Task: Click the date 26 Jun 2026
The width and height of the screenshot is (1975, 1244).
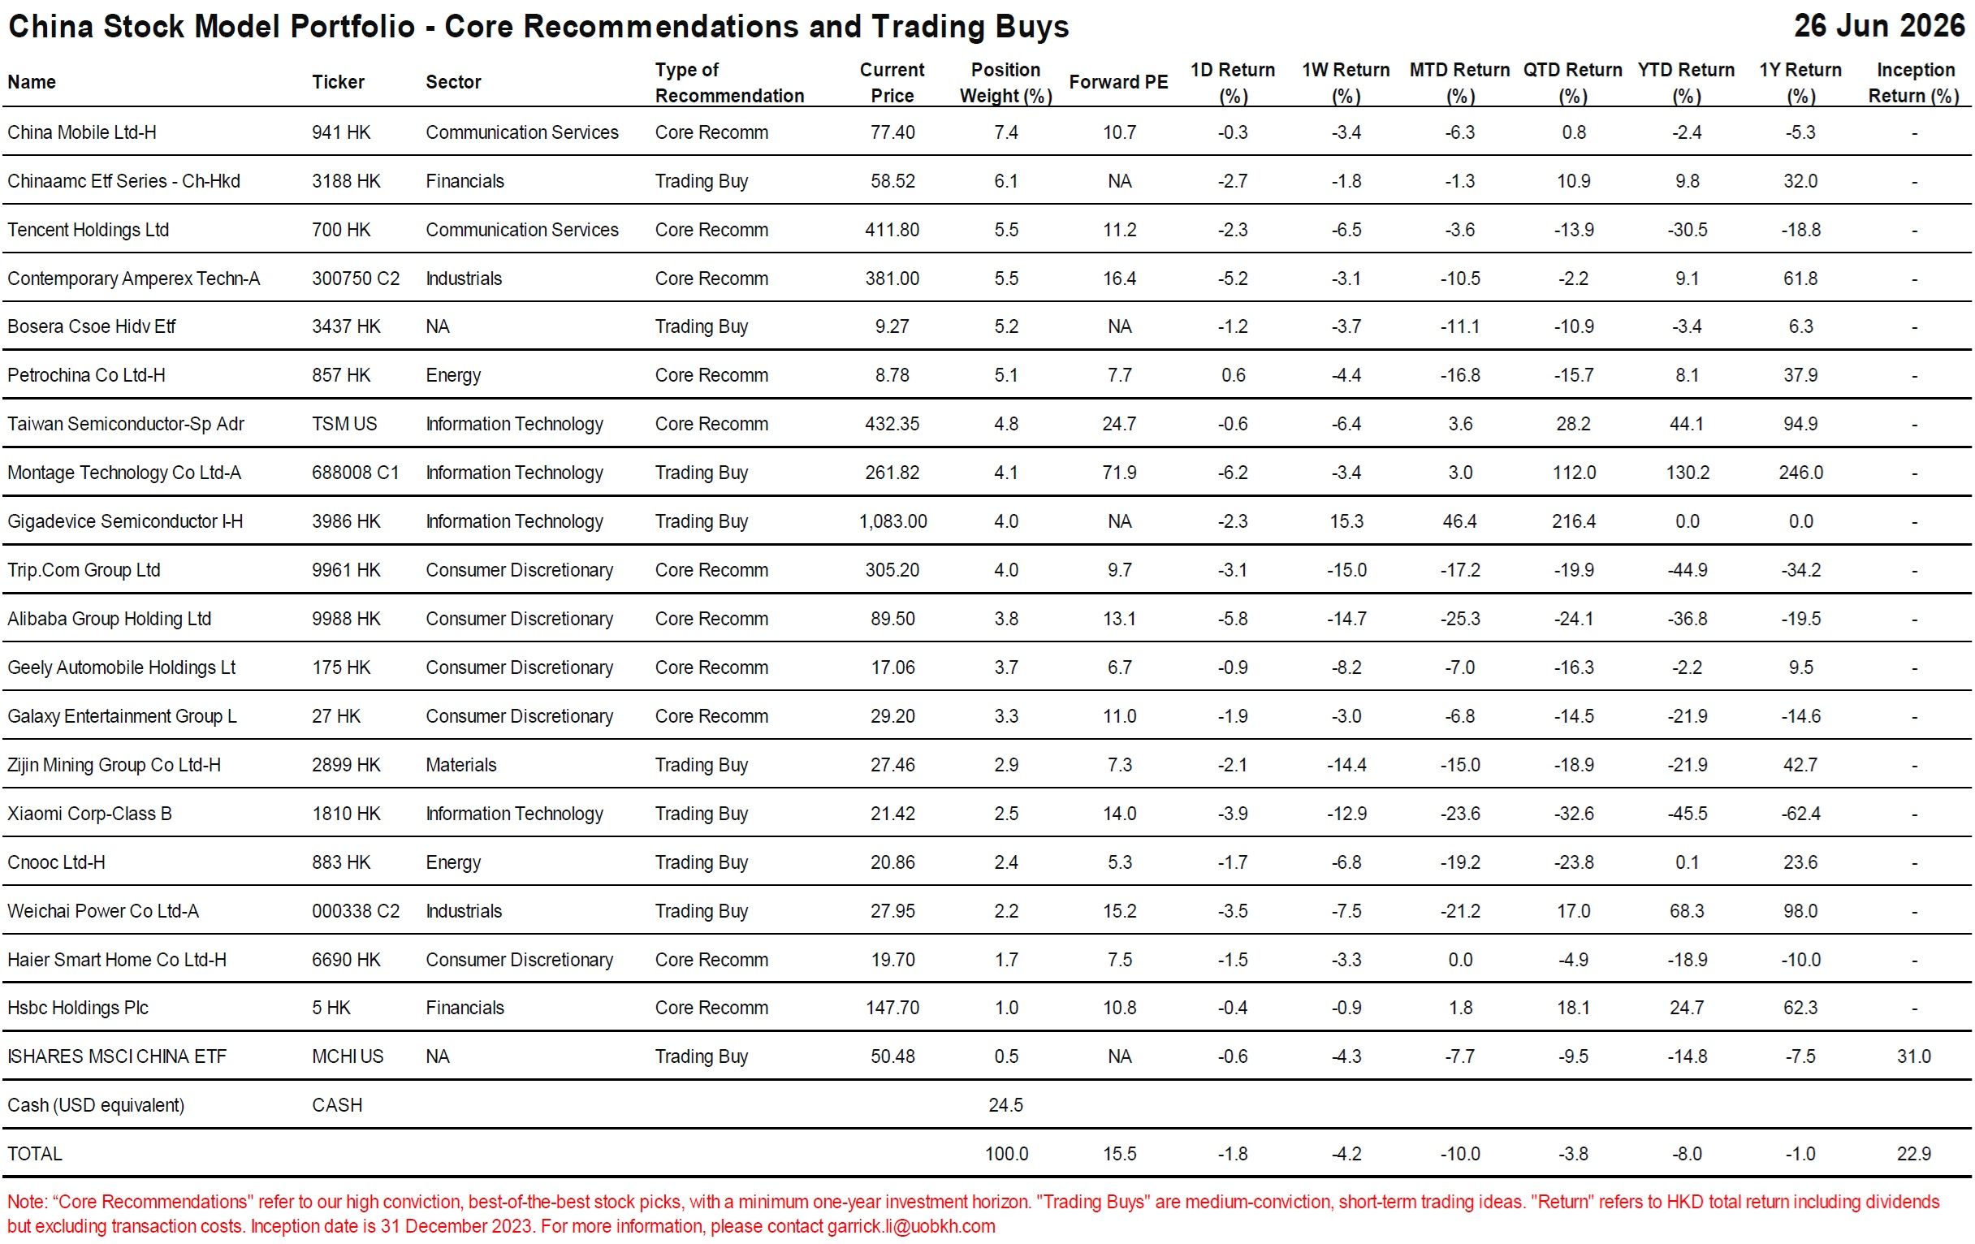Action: pyautogui.click(x=1879, y=25)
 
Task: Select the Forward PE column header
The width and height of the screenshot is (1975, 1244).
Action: pyautogui.click(x=1118, y=82)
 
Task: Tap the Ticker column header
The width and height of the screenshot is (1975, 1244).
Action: pyautogui.click(x=338, y=82)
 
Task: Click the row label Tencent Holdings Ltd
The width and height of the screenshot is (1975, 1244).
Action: pyautogui.click(x=88, y=230)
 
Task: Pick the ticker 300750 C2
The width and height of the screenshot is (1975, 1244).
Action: pyautogui.click(x=355, y=278)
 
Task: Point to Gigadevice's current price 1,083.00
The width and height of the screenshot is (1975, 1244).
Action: pyautogui.click(x=892, y=521)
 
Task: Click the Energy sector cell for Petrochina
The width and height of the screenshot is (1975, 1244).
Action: pyautogui.click(x=453, y=376)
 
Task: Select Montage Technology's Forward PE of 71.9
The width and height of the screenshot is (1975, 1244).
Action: pyautogui.click(x=1119, y=473)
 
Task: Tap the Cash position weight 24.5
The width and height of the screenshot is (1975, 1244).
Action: pyautogui.click(x=1005, y=1104)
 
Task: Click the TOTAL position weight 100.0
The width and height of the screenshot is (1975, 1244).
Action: pyautogui.click(x=1006, y=1154)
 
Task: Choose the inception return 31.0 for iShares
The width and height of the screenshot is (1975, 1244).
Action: pyautogui.click(x=1913, y=1056)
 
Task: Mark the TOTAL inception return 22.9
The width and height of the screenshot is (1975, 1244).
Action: pyautogui.click(x=1913, y=1154)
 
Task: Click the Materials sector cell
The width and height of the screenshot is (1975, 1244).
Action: pyautogui.click(x=461, y=765)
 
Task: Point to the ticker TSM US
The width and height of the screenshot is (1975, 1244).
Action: pyautogui.click(x=344, y=424)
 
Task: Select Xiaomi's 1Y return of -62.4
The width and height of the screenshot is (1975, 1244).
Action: pyautogui.click(x=1800, y=814)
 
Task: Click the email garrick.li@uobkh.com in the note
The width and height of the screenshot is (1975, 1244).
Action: pyautogui.click(x=911, y=1226)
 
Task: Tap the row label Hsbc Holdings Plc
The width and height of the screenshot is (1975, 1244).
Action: pyautogui.click(x=78, y=1008)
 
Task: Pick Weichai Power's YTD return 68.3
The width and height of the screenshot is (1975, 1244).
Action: pyautogui.click(x=1688, y=911)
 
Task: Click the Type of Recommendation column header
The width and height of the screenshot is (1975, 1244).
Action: pyautogui.click(x=729, y=82)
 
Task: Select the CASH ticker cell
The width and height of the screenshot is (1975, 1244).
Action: pyautogui.click(x=336, y=1104)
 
